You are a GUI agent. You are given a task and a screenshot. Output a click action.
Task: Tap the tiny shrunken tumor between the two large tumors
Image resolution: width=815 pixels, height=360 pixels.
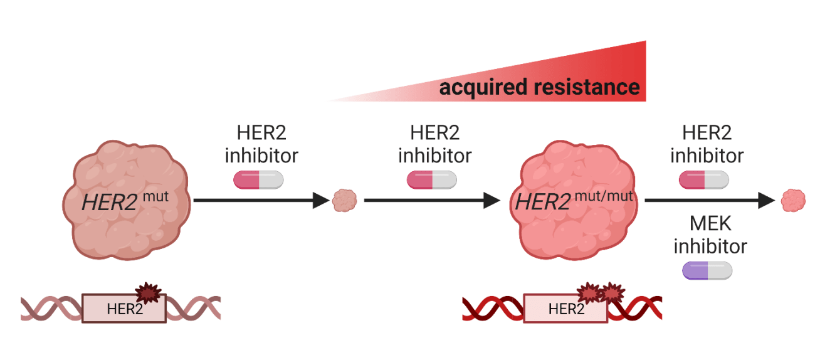344,201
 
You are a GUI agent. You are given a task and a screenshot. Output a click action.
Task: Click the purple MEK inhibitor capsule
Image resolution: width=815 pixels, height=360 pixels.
707,270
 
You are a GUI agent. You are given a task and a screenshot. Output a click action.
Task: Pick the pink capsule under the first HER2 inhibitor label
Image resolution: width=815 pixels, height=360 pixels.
258,181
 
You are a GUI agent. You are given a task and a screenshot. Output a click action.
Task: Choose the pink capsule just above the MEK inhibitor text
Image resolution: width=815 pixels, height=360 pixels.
704,181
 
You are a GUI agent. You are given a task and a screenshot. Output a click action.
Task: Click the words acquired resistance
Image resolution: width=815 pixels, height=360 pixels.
539,87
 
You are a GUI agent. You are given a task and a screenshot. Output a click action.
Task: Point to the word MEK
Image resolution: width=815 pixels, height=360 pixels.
710,223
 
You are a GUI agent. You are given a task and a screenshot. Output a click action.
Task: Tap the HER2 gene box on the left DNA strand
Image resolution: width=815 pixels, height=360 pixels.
124,308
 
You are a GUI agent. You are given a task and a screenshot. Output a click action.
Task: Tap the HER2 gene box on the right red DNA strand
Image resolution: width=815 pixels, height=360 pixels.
565,308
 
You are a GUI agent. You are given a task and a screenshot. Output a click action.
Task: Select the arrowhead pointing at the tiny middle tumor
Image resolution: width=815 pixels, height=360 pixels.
321,201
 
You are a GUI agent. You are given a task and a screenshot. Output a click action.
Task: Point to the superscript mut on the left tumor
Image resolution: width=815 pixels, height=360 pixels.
155,196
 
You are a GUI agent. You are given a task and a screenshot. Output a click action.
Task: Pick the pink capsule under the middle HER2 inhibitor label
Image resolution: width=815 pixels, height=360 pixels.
432,181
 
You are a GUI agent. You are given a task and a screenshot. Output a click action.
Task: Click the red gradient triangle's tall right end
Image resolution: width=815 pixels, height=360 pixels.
636,69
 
